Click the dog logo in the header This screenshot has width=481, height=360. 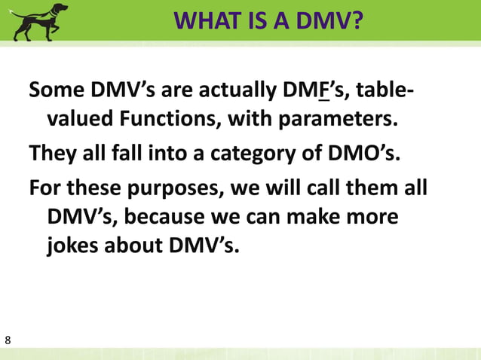[x=40, y=21]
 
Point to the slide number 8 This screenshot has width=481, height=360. [x=8, y=341]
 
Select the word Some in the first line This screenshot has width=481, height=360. [x=56, y=93]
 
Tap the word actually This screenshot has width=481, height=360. [x=228, y=93]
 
